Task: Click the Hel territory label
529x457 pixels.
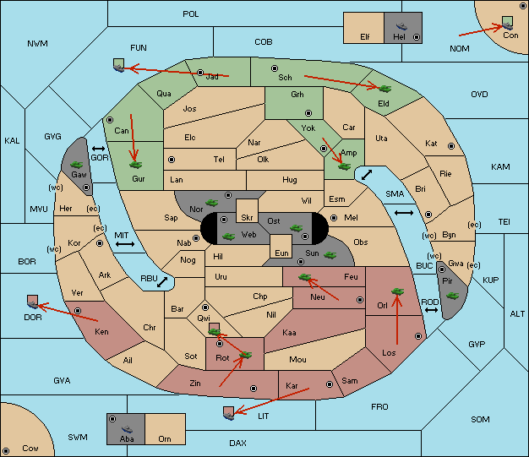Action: (399, 36)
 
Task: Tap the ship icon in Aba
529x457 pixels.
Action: (127, 428)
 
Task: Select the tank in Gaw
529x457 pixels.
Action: (77, 164)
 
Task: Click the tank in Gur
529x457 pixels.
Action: (135, 165)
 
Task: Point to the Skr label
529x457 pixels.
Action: (247, 218)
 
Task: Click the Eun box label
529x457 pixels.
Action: (281, 253)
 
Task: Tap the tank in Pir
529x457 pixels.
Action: (452, 296)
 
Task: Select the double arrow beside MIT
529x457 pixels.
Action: (125, 244)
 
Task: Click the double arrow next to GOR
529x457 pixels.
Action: (98, 149)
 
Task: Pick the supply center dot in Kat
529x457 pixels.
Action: (451, 146)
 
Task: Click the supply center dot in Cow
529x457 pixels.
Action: (6, 450)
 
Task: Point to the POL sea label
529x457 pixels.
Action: (191, 14)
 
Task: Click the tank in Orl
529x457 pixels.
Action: (397, 291)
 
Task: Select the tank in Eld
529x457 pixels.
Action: (384, 89)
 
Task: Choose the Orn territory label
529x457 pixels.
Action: (165, 438)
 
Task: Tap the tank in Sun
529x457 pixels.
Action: (330, 255)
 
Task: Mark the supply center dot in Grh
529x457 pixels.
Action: (308, 112)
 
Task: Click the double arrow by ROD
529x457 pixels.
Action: (431, 310)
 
